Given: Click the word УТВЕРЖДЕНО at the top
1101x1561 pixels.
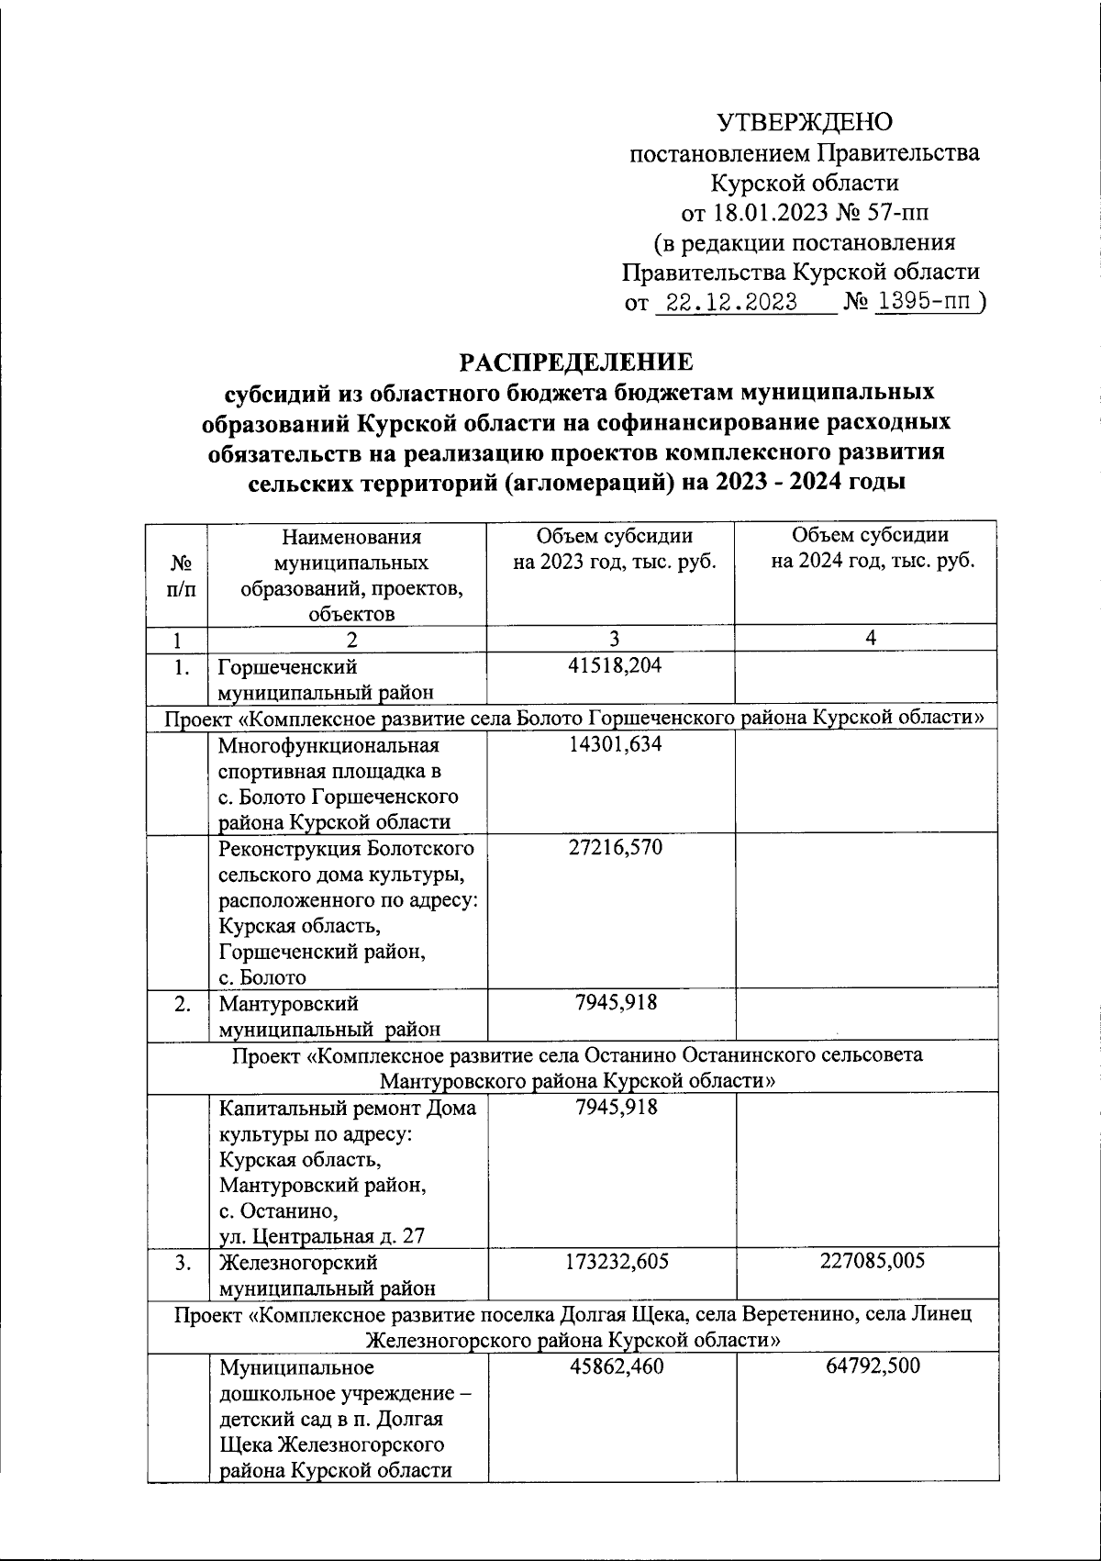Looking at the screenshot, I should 804,122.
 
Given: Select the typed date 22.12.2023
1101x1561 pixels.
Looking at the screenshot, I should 731,303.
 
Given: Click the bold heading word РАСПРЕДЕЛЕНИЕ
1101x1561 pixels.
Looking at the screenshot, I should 576,362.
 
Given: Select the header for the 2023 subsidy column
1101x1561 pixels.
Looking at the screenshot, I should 614,548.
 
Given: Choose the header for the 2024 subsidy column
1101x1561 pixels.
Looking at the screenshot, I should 872,548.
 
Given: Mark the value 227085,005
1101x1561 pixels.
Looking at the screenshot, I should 872,1261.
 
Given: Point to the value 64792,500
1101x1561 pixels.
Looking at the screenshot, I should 872,1366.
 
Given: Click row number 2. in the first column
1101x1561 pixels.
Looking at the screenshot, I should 183,1003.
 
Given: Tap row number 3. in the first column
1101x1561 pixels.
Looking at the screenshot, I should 183,1262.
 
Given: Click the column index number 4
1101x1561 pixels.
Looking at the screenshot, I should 871,637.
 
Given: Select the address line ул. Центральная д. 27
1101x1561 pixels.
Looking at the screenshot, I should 321,1235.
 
